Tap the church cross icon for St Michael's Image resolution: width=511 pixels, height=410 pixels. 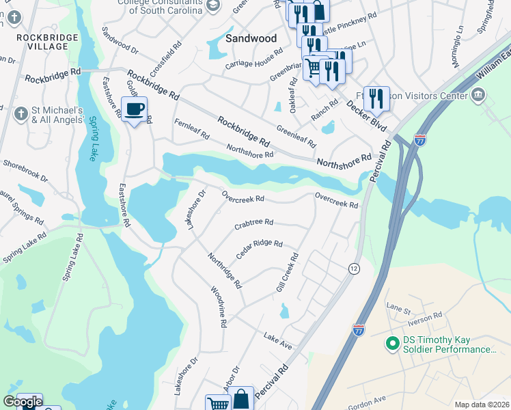tap(21, 113)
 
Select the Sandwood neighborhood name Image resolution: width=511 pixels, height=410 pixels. tap(251, 38)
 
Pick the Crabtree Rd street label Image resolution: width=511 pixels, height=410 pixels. tap(253, 223)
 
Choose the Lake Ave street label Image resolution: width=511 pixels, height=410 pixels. tap(278, 342)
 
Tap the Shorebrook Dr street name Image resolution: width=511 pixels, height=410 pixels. tap(25, 171)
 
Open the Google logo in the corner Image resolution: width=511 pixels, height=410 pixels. tap(23, 402)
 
